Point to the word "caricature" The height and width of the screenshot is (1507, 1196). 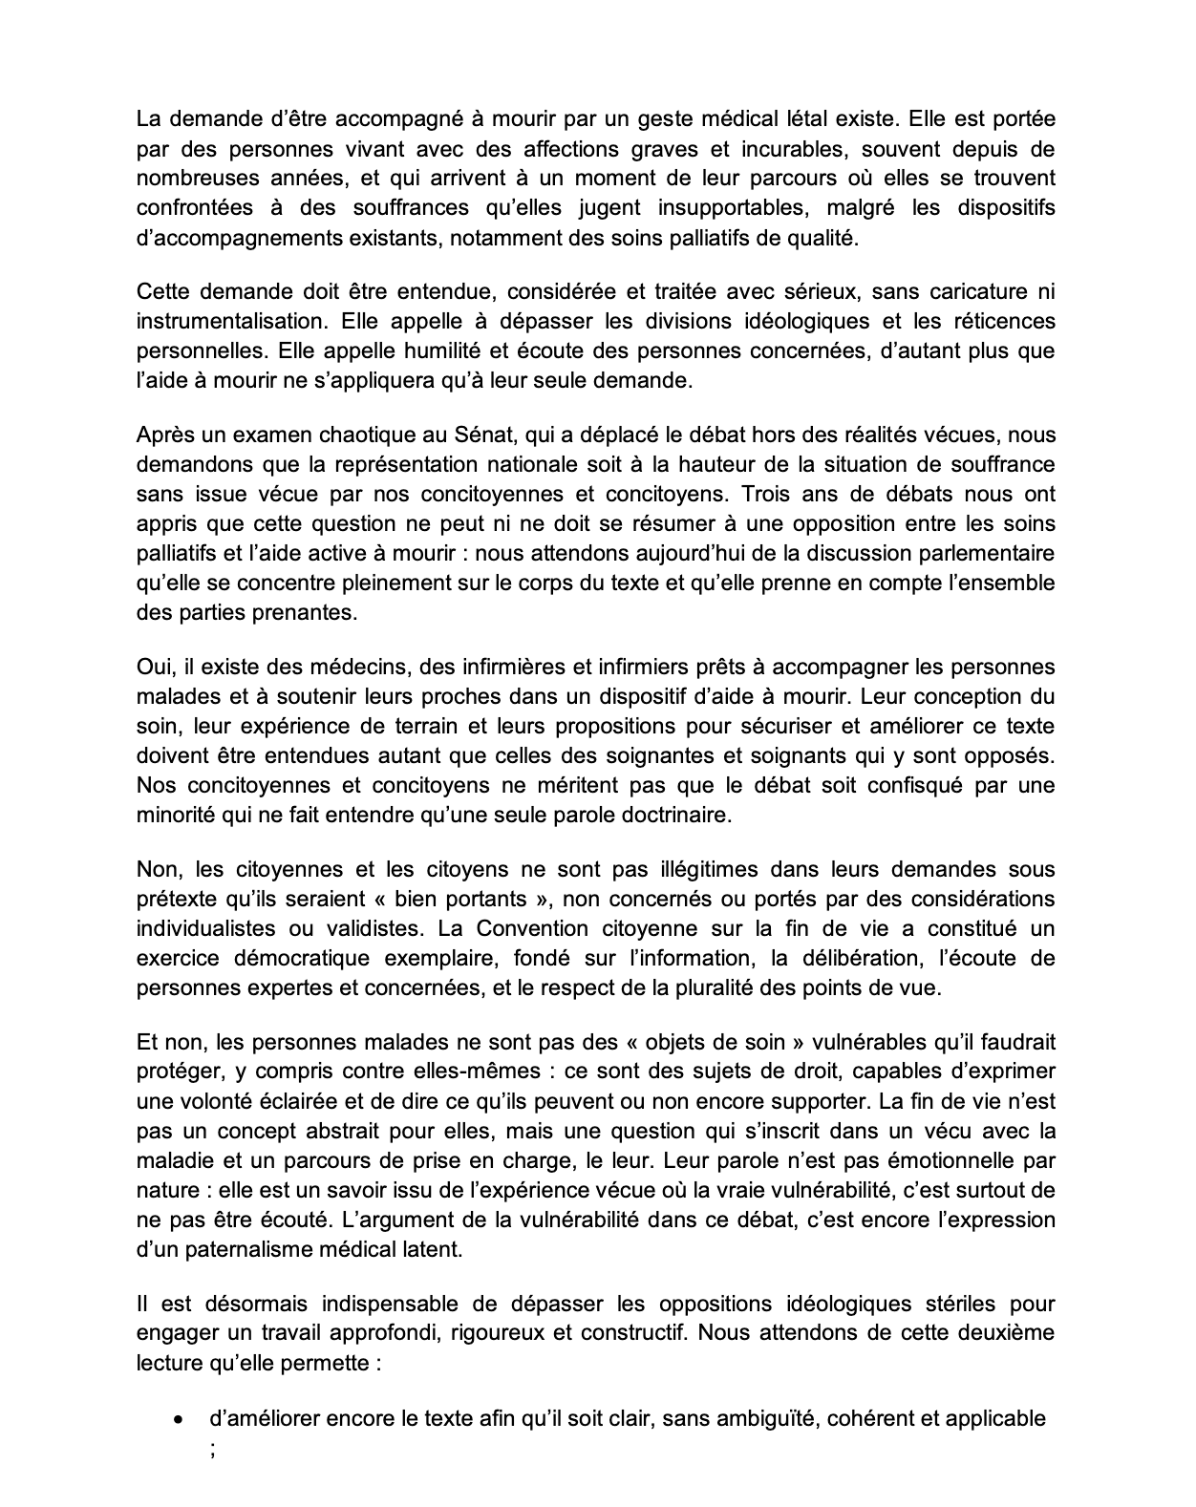click(969, 291)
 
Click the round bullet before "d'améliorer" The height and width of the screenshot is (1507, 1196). click(177, 1420)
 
